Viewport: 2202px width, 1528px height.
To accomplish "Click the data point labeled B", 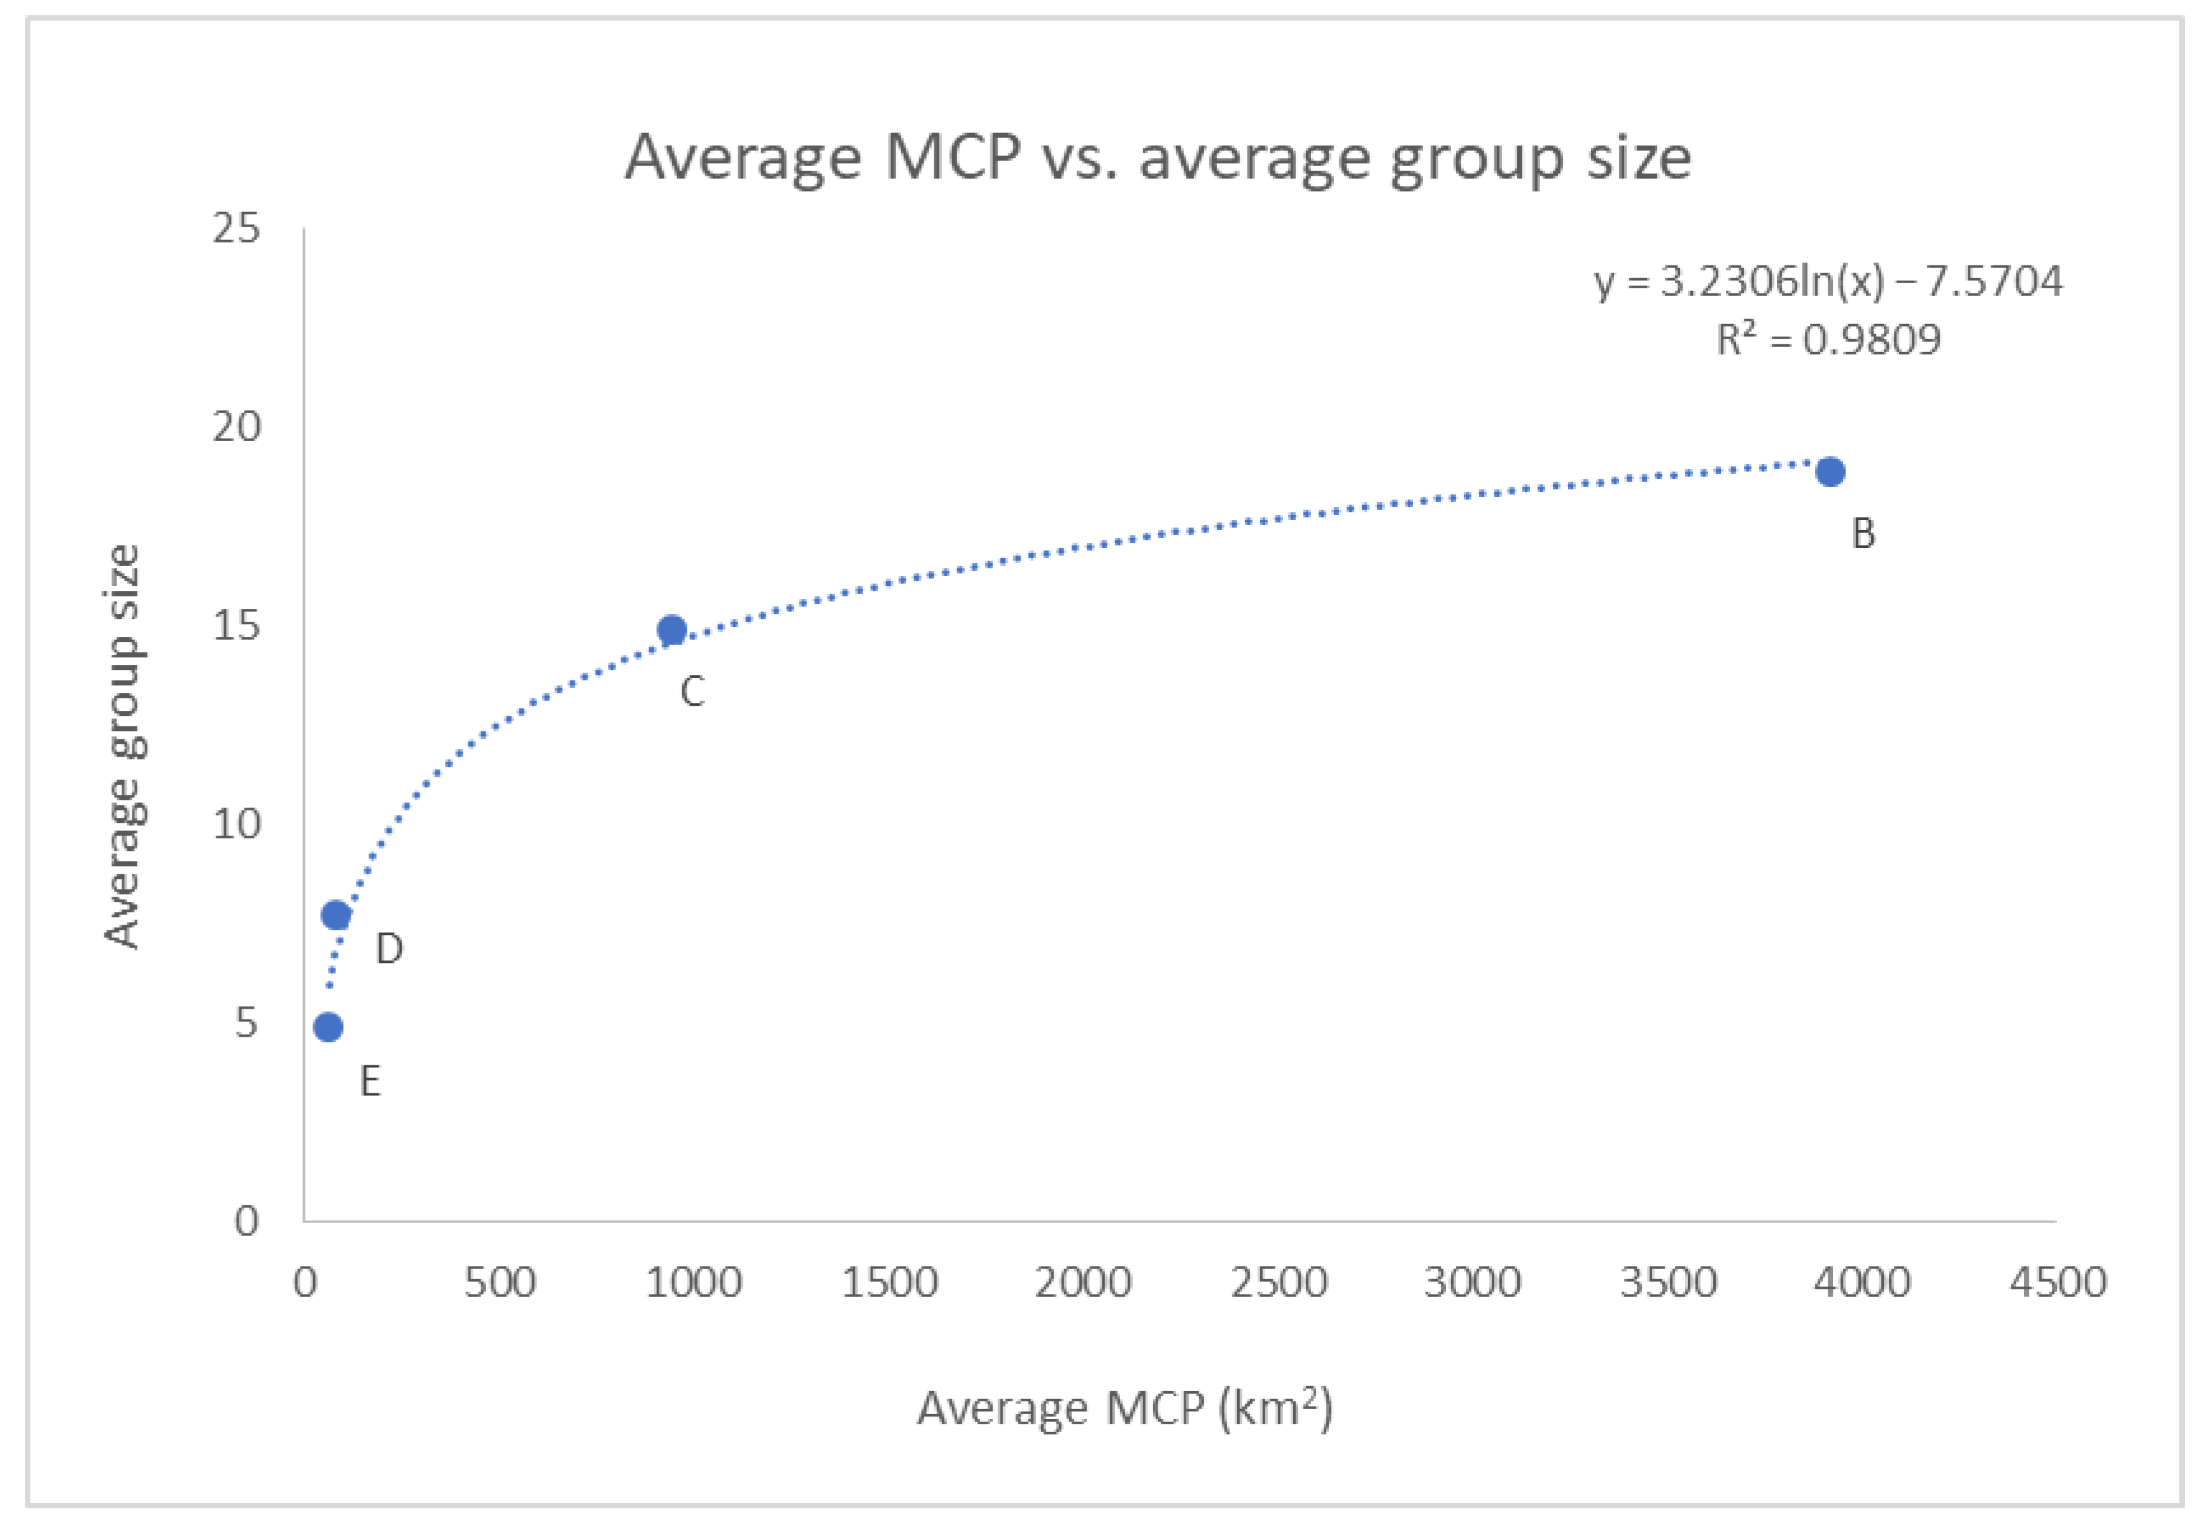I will [1830, 472].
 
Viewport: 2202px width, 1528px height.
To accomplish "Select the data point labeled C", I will [672, 630].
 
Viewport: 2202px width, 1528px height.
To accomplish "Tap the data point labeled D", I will [336, 915].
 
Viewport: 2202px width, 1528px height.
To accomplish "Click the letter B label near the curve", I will [1863, 534].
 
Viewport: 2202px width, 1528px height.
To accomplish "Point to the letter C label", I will [692, 691].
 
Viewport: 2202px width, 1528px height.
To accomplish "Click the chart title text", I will [1158, 158].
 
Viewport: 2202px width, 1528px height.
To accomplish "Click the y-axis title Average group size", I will [123, 746].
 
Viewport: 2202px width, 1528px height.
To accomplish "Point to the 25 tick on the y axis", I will [237, 229].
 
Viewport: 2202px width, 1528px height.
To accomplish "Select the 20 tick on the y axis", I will [237, 427].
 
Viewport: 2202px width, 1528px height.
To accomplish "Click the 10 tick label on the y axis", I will [237, 824].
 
